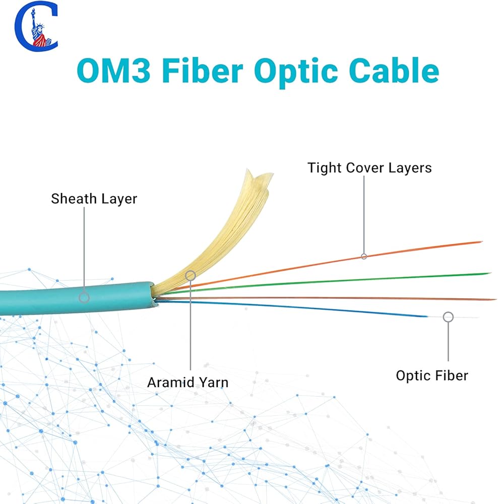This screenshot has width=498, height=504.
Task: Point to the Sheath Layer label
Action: (94, 199)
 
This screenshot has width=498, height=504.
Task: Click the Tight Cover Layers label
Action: (369, 168)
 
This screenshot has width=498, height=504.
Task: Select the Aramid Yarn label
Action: (188, 382)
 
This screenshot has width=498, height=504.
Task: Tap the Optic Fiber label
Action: (432, 375)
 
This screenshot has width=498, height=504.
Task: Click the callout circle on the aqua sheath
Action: (84, 297)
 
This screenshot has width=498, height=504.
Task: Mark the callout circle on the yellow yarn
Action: (190, 275)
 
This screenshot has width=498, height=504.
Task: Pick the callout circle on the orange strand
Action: (364, 256)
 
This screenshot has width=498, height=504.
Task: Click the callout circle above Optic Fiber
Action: (448, 317)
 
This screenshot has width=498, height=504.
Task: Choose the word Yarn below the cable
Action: (212, 382)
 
